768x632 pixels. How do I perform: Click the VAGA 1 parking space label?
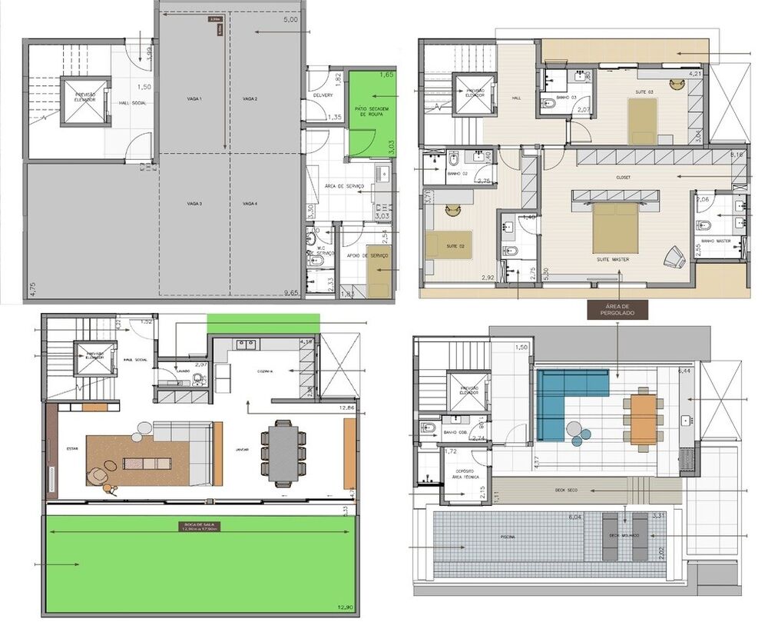tap(194, 99)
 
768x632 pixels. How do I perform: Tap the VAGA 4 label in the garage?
tap(249, 204)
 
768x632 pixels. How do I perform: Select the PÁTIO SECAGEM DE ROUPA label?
tap(369, 112)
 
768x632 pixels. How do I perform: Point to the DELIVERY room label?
tap(323, 95)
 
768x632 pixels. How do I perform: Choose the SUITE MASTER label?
tap(613, 260)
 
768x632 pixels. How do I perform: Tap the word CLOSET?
tap(623, 177)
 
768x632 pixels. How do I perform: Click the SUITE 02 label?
tap(456, 246)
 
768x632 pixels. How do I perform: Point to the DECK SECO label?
tap(566, 489)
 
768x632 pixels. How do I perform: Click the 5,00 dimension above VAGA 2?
tap(290, 21)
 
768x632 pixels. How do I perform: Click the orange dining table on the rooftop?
tap(644, 420)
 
